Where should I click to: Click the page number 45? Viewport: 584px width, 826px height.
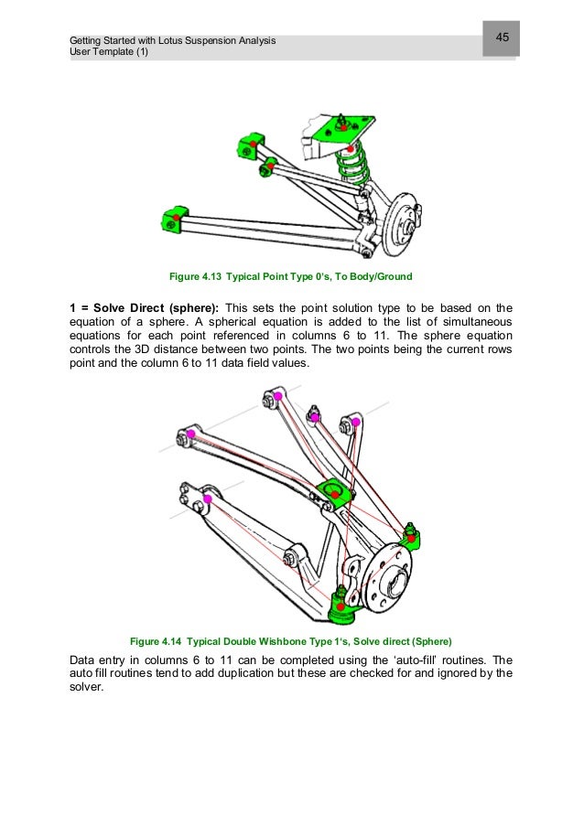(x=503, y=38)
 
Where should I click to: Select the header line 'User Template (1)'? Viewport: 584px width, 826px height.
(x=108, y=52)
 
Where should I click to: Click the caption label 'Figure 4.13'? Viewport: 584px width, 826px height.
(x=196, y=276)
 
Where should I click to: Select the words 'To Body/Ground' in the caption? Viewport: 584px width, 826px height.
(x=376, y=276)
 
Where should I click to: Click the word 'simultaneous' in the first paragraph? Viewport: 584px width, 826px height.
(x=466, y=321)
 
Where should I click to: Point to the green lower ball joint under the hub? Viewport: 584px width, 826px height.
(x=341, y=603)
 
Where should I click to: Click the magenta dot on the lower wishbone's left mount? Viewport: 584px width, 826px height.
(x=208, y=499)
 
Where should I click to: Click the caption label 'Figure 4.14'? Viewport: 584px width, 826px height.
(x=158, y=640)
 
